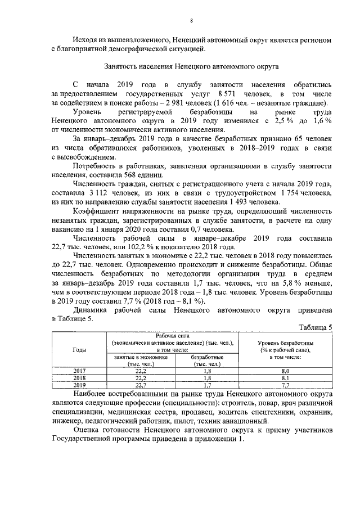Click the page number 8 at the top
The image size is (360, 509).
coord(191,21)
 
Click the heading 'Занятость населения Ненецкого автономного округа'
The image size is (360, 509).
coord(192,67)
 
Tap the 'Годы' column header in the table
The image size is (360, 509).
coord(79,349)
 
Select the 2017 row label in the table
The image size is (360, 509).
coord(79,371)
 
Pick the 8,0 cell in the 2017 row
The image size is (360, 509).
coord(285,371)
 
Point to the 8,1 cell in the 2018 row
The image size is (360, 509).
coord(285,379)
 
